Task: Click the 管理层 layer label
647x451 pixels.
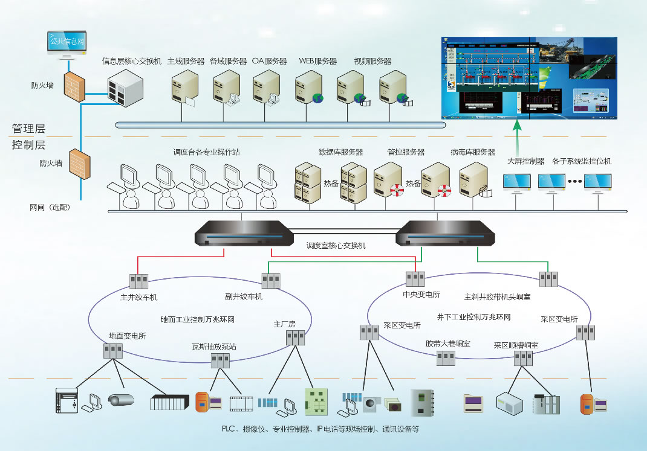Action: [x=28, y=129]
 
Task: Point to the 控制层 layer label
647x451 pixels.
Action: [x=28, y=145]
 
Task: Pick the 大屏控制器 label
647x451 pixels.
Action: [x=525, y=161]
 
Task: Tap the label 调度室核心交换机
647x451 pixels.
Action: [x=336, y=246]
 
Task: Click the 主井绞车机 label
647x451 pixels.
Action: [x=138, y=297]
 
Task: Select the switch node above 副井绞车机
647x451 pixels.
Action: [x=270, y=281]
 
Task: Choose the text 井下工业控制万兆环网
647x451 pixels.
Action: [x=473, y=316]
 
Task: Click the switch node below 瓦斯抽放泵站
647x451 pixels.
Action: [x=219, y=361]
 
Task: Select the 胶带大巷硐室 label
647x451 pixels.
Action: [x=447, y=344]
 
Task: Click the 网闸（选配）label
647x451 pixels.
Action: [x=50, y=207]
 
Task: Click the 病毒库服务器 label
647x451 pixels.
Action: [x=472, y=152]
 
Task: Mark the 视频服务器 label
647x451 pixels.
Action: [x=372, y=61]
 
